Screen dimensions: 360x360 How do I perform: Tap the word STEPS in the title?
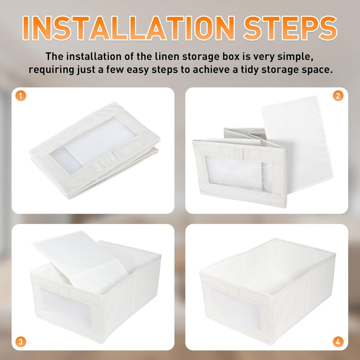pyautogui.click(x=290, y=28)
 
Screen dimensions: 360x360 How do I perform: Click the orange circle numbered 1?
pyautogui.click(x=21, y=96)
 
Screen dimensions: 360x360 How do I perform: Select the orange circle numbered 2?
pyautogui.click(x=338, y=96)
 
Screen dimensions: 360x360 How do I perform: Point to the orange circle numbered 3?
pyautogui.click(x=21, y=342)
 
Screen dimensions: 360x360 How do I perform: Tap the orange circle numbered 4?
pyautogui.click(x=338, y=342)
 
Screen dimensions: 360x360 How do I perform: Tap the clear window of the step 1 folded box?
pyautogui.click(x=93, y=145)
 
